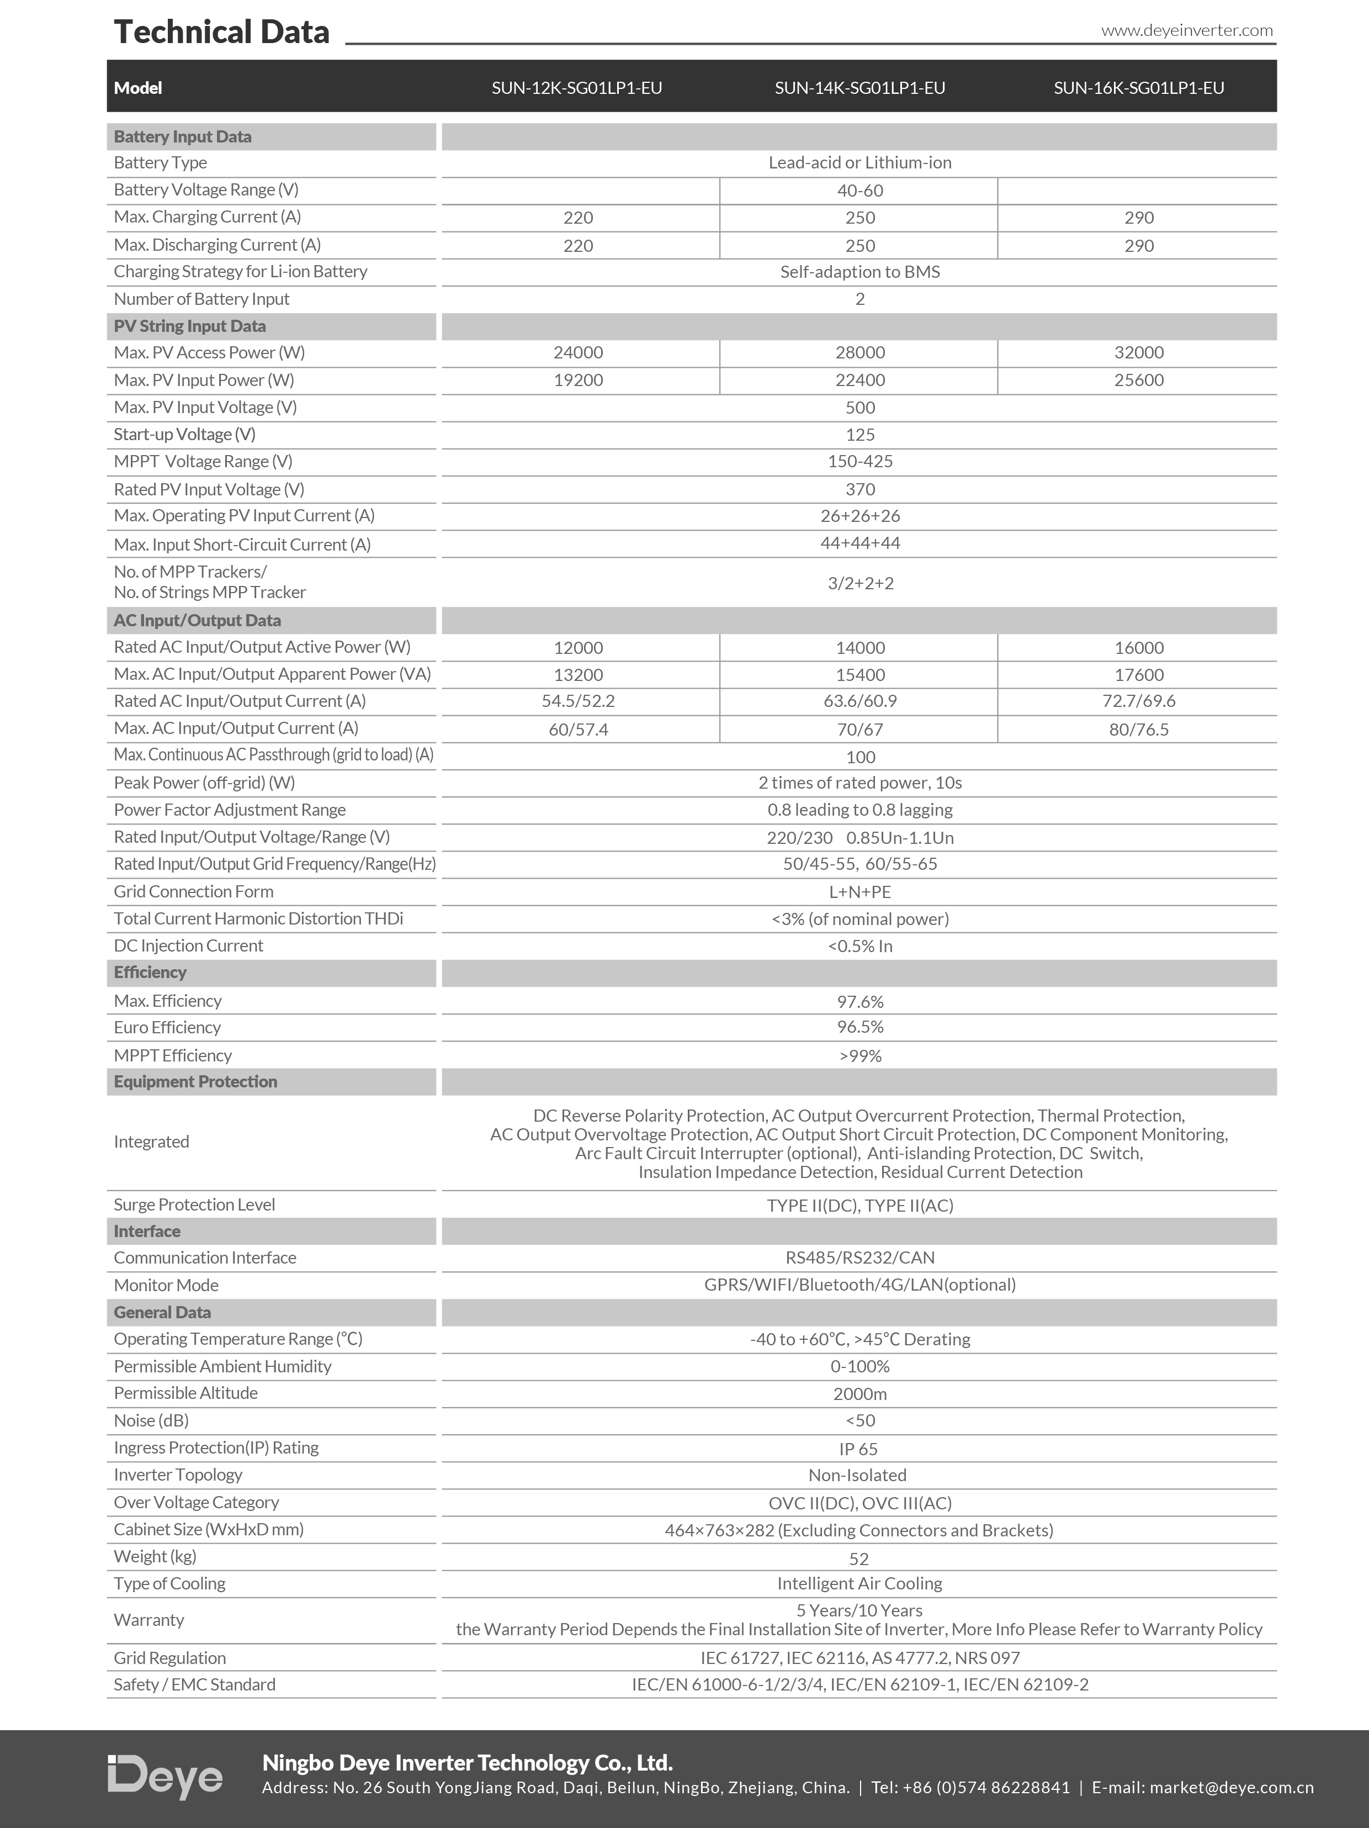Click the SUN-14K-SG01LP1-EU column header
point(859,88)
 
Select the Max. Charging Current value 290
point(1138,218)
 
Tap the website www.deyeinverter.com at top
point(1186,30)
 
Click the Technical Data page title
point(221,32)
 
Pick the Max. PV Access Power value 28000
point(859,353)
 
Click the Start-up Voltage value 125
point(860,435)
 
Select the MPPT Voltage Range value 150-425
point(860,462)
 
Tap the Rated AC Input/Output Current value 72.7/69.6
point(1138,701)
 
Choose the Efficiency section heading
point(150,973)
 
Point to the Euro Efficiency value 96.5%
point(860,1027)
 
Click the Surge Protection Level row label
point(194,1205)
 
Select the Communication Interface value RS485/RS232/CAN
point(860,1258)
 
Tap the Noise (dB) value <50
point(860,1420)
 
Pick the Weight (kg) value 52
point(859,1558)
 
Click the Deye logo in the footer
point(165,1776)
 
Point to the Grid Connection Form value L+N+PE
point(860,892)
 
